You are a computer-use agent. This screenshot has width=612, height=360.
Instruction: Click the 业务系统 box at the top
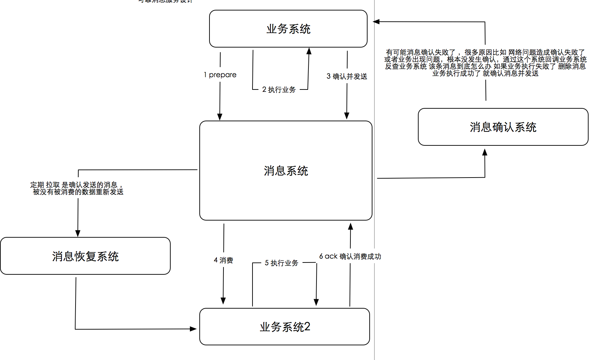(x=288, y=29)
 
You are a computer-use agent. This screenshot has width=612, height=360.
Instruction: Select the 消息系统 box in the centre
(x=286, y=171)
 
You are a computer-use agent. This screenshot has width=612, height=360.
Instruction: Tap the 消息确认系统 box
(x=503, y=127)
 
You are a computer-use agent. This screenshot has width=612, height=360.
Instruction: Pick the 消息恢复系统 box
(x=85, y=256)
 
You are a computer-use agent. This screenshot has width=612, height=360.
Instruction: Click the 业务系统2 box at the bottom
(x=285, y=327)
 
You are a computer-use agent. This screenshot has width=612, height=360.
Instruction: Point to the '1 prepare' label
(x=220, y=75)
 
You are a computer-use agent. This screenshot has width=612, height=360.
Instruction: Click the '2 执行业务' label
(x=279, y=89)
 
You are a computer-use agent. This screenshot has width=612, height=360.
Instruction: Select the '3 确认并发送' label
(x=347, y=76)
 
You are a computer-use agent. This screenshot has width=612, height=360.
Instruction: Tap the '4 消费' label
(x=223, y=260)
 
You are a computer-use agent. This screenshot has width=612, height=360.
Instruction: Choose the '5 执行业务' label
(x=282, y=263)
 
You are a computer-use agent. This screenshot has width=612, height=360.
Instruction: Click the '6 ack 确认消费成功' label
(x=350, y=256)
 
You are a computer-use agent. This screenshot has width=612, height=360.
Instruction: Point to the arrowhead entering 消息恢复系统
(x=78, y=233)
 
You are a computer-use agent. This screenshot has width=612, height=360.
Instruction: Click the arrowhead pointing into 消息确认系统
(x=485, y=152)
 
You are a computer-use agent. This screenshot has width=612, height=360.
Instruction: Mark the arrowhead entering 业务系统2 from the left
(x=193, y=329)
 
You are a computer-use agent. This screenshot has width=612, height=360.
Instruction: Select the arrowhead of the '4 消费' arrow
(x=223, y=301)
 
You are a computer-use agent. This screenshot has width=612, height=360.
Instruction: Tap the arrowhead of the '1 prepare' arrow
(x=220, y=117)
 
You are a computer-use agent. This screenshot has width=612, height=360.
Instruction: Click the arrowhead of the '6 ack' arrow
(x=350, y=226)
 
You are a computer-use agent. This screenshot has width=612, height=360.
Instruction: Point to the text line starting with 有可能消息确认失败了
(x=485, y=52)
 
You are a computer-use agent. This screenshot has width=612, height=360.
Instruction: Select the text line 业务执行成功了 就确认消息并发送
(x=485, y=73)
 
